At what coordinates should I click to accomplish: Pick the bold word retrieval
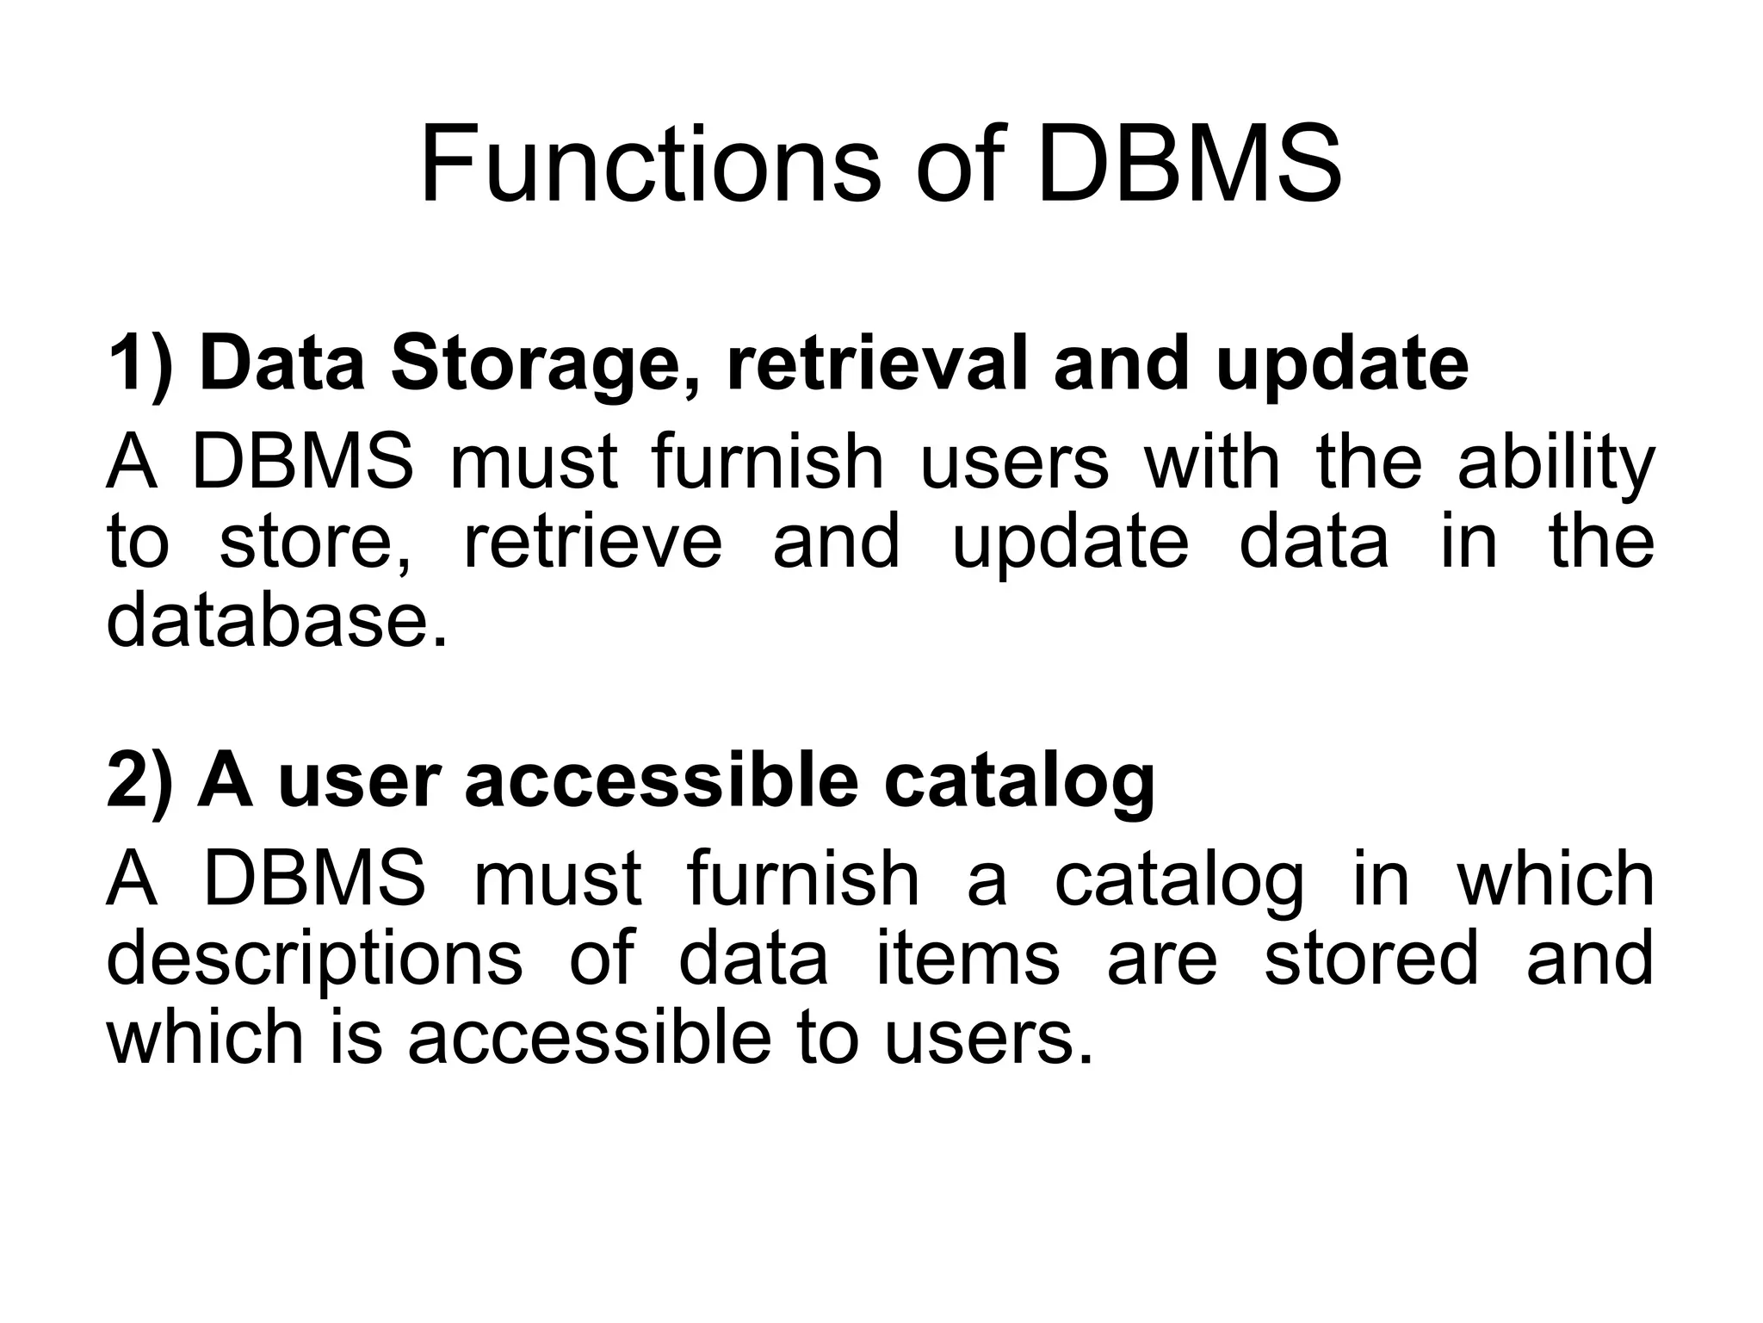877,363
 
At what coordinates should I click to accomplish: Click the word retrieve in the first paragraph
593,543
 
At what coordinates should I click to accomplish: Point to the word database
276,622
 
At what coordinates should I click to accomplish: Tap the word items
968,960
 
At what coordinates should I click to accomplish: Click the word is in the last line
356,1038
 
